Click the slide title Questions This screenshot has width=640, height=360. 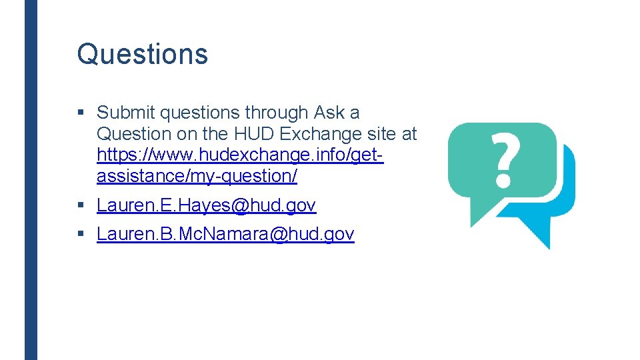142,54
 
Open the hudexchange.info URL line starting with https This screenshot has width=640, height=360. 240,155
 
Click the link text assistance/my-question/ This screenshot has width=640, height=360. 197,177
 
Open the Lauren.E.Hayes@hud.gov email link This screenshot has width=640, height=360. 206,205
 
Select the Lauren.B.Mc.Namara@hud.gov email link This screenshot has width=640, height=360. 225,234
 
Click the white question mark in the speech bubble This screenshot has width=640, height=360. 503,157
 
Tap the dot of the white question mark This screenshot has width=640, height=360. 503,180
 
